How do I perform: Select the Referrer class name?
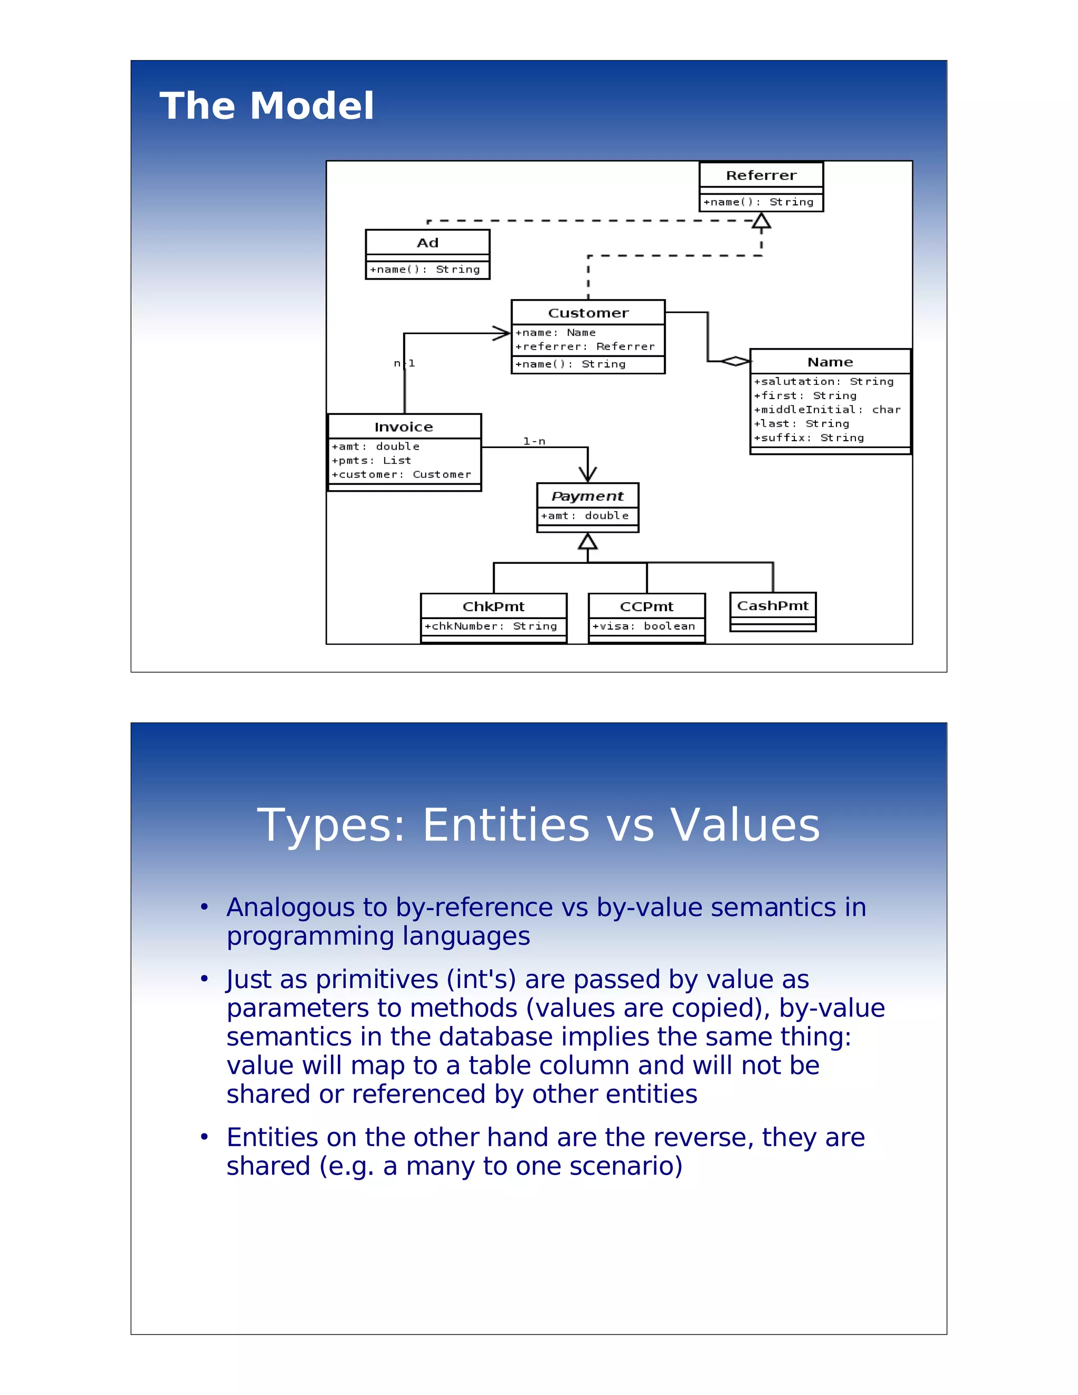(761, 175)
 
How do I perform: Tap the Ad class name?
(427, 243)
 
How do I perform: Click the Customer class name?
(587, 313)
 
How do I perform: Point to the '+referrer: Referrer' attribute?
(584, 347)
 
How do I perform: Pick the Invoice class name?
(404, 427)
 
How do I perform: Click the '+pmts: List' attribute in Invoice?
(371, 461)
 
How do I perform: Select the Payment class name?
(587, 496)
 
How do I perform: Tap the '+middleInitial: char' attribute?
(826, 410)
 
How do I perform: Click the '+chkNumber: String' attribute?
(491, 626)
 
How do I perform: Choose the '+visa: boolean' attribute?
(643, 626)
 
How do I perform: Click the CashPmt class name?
(772, 605)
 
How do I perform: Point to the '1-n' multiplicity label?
(534, 441)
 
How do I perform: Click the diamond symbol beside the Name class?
(735, 362)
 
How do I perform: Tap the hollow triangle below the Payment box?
(587, 542)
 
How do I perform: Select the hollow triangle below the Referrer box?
(761, 221)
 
